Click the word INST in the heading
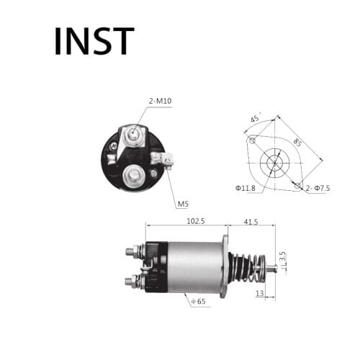[x=94, y=42]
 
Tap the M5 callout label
[x=183, y=204]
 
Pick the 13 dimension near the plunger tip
[x=258, y=294]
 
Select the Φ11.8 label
[x=246, y=189]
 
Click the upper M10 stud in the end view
[x=134, y=133]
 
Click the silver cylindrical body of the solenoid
[x=194, y=267]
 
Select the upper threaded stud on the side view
[x=132, y=251]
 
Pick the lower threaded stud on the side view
[x=132, y=280]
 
